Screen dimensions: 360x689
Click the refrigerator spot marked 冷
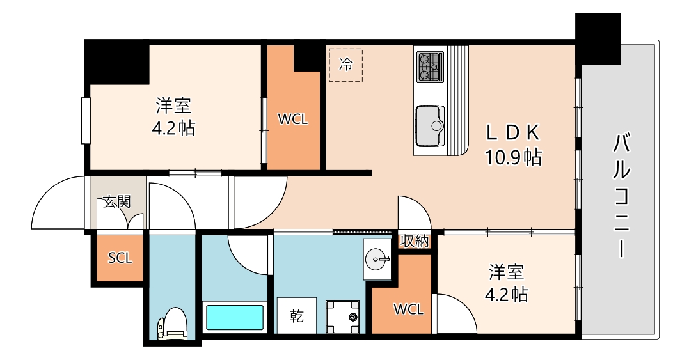(345, 65)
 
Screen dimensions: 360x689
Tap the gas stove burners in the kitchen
(430, 67)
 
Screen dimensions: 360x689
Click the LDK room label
(514, 132)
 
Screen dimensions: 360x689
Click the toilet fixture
(171, 323)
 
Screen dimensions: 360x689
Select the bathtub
(234, 317)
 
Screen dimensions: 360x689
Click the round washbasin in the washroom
(377, 259)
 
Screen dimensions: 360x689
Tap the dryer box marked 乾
(296, 315)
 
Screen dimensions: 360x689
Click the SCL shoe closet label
(120, 258)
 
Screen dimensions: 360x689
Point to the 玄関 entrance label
(117, 203)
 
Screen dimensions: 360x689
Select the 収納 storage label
(415, 241)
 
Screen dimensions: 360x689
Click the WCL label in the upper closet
(293, 119)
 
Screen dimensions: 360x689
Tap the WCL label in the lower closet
(408, 309)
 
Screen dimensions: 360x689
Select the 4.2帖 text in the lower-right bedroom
(507, 295)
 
